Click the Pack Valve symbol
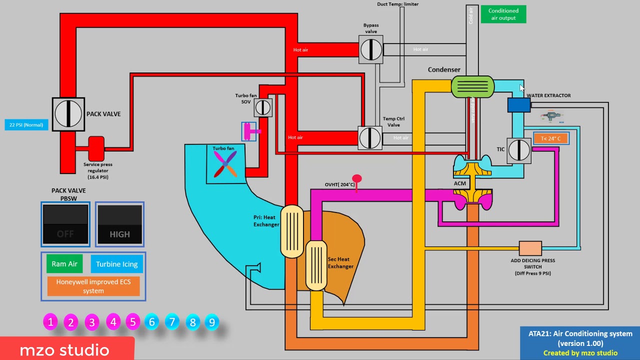click(68, 114)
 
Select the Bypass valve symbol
click(370, 49)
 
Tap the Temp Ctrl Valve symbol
click(370, 137)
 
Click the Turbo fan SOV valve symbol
click(262, 107)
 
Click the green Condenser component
click(472, 86)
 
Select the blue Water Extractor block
click(519, 105)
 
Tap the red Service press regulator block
click(96, 148)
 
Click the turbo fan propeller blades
click(225, 164)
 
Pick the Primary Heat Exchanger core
click(292, 231)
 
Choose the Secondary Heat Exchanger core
click(316, 265)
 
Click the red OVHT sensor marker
click(356, 179)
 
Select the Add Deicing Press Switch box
click(530, 248)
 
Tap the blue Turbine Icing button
click(117, 264)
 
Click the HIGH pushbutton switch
click(119, 224)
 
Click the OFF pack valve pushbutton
click(65, 224)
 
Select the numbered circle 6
click(152, 322)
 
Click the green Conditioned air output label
click(503, 14)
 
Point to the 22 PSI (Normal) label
click(26, 125)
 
